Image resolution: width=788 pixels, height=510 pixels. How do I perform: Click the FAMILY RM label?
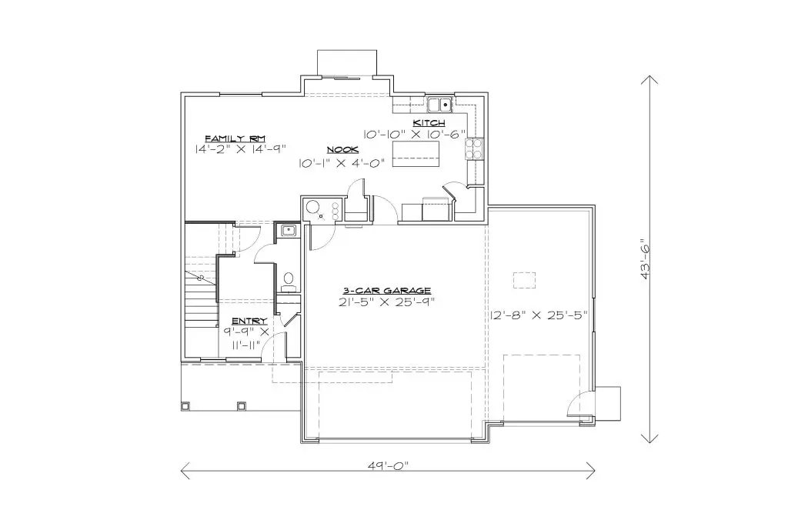pos(235,138)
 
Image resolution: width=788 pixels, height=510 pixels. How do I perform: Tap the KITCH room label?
pos(429,123)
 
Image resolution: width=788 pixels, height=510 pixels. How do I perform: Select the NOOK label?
pos(342,150)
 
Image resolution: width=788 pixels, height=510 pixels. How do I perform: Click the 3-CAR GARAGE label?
pos(386,291)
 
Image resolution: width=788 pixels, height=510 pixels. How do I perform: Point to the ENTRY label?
pos(249,321)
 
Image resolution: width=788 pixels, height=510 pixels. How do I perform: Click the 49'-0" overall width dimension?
pos(388,465)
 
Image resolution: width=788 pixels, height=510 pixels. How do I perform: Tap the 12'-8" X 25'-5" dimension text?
pos(539,315)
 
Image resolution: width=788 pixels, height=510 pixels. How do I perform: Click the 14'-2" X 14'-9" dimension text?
pos(240,148)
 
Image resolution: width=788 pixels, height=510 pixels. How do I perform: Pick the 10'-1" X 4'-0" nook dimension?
pos(342,163)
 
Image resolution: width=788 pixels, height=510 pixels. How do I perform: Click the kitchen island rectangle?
pos(416,154)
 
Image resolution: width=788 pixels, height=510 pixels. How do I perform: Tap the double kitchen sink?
pos(439,105)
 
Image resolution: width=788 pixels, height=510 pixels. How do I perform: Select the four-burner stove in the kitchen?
pos(474,148)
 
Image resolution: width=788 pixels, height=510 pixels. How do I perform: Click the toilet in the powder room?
pos(289,282)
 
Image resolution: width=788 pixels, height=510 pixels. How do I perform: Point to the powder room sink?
pos(288,231)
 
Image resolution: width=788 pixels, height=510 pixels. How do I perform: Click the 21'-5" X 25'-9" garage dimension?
pos(386,302)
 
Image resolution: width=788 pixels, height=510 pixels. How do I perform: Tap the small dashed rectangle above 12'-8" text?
pos(524,280)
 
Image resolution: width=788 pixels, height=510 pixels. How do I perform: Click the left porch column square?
pos(185,405)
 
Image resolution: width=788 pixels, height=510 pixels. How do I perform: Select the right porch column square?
pos(242,405)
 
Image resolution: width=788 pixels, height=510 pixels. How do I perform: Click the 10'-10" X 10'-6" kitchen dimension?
pos(415,134)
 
